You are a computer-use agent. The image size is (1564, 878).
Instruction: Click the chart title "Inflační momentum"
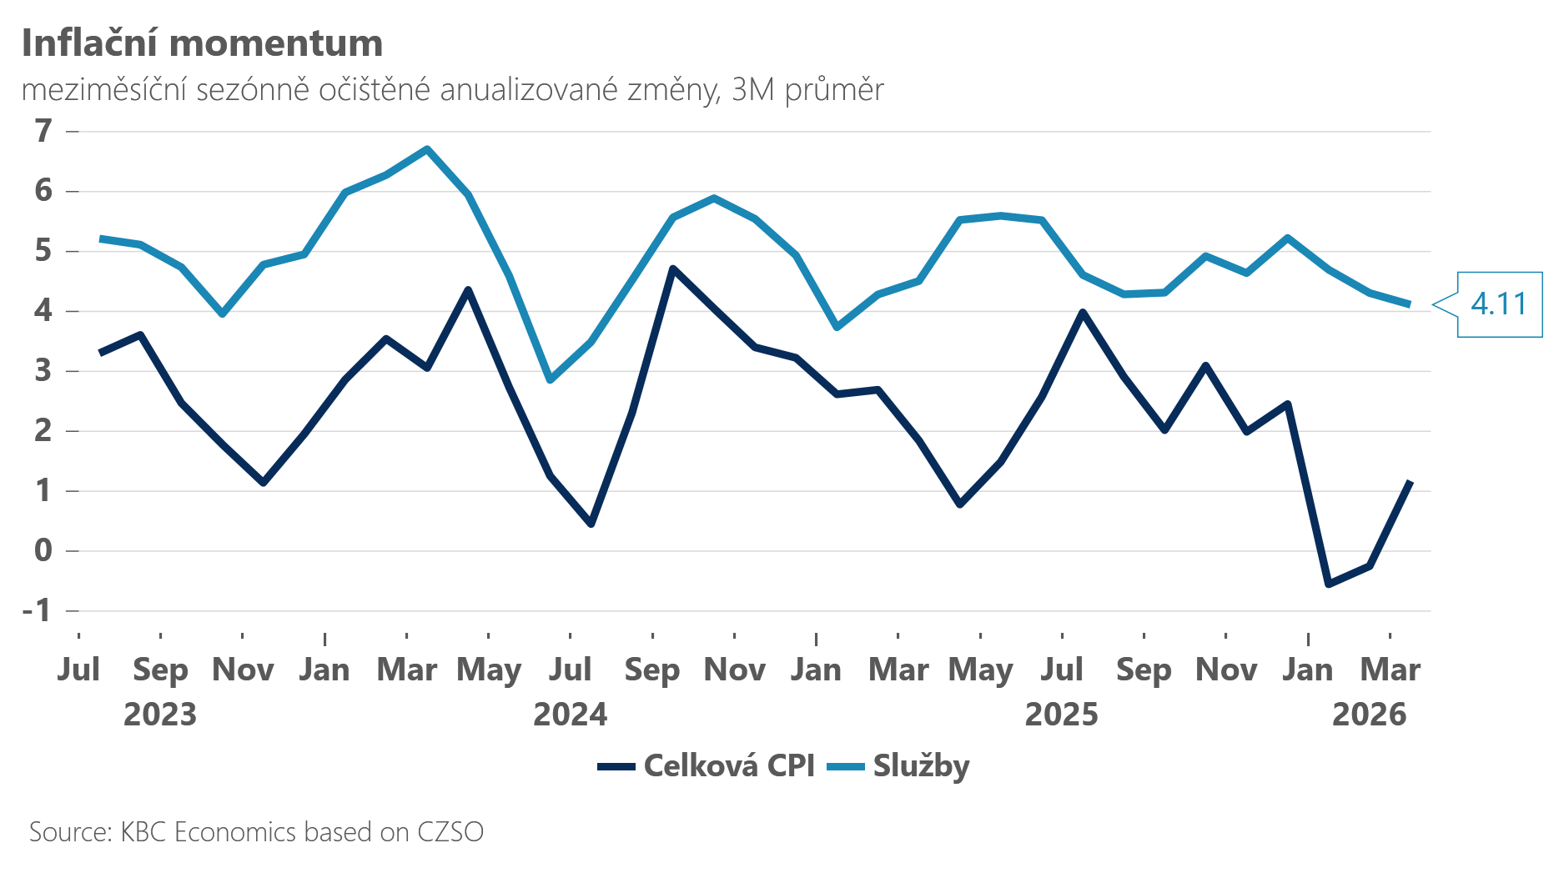tap(202, 43)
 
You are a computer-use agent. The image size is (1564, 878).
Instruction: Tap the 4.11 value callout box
tap(1499, 304)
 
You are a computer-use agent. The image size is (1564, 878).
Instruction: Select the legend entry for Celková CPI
tap(707, 765)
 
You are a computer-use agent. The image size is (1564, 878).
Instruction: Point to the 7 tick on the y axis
tap(43, 131)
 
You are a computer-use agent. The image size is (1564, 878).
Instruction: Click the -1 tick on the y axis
tap(38, 610)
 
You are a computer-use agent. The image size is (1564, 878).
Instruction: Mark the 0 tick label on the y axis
tap(43, 550)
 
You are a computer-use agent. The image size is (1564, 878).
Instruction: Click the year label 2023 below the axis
tap(160, 715)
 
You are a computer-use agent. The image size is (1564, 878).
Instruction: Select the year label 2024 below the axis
tap(571, 715)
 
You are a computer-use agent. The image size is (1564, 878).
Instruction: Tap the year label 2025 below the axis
tap(1062, 715)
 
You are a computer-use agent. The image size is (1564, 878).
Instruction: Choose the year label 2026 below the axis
tap(1370, 715)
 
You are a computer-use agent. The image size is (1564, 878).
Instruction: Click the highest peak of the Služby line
tap(427, 149)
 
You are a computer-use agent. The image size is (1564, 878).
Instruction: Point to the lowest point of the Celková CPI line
tap(1328, 584)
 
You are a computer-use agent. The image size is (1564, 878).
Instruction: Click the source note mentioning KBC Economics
tap(256, 832)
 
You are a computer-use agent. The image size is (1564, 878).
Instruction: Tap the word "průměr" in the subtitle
tap(834, 90)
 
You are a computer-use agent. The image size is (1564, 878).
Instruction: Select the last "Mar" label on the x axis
tap(1390, 670)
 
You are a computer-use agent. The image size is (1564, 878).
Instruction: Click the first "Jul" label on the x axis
tap(78, 670)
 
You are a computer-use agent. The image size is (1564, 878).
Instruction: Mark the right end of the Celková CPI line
tap(1410, 482)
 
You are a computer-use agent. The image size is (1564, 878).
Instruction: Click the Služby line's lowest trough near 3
tap(550, 380)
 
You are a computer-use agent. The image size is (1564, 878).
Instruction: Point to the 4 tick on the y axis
tap(43, 311)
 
